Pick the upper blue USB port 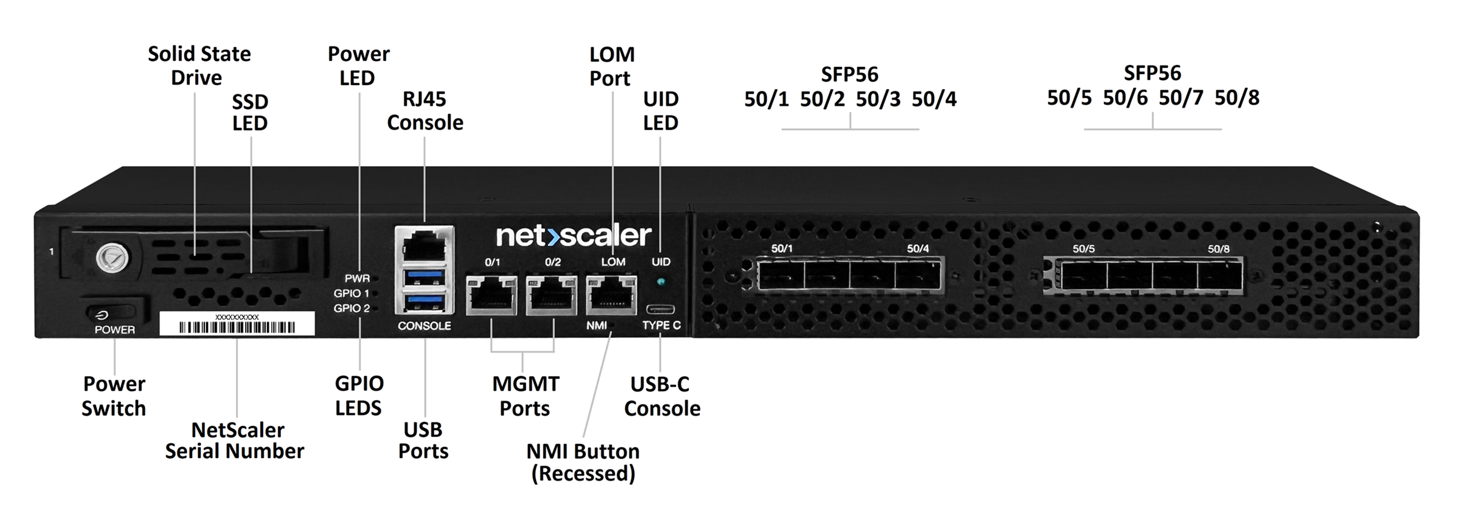click(424, 278)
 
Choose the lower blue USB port click(424, 301)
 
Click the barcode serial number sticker click(237, 324)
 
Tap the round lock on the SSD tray click(111, 258)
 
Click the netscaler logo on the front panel click(573, 235)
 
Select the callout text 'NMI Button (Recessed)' click(583, 462)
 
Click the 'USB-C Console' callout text click(662, 396)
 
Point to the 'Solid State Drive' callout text click(199, 66)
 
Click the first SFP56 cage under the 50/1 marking click(781, 276)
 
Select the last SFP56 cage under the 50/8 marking click(1220, 276)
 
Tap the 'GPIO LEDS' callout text click(359, 396)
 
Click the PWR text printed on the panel click(357, 279)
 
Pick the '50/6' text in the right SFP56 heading click(1125, 98)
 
